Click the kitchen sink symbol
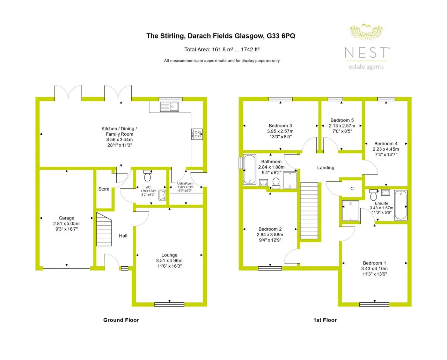pos(169,107)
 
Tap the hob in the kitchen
pos(197,134)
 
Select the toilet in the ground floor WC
pos(147,175)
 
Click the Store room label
pos(104,189)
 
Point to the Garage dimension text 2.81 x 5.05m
pos(66,224)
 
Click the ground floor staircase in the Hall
pos(104,229)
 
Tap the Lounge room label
pos(169,255)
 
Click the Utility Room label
pos(185,183)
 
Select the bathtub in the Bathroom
pos(250,169)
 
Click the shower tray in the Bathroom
pos(290,180)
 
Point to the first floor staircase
pos(309,211)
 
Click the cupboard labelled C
pos(352,189)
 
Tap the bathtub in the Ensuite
pos(401,205)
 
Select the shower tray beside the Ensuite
pos(350,210)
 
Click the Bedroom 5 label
pos(342,120)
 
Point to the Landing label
pos(326,168)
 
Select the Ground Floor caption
pos(121,320)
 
